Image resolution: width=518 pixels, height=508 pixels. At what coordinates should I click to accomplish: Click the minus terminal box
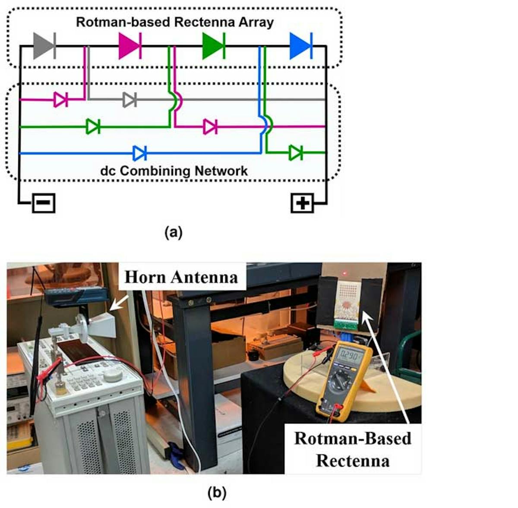coord(44,202)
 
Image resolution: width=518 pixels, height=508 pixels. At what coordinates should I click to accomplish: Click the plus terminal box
coord(302,203)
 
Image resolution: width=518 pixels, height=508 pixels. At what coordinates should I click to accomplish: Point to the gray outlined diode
coord(129,100)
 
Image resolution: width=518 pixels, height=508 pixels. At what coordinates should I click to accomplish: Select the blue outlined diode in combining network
coord(140,153)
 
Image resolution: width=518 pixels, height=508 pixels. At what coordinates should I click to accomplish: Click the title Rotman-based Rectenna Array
coord(174,22)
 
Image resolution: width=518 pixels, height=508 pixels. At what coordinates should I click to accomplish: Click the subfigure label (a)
coord(174,233)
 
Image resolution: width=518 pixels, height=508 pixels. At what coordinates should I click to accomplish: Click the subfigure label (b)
coord(217,492)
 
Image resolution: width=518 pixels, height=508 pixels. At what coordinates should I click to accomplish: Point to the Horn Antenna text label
coord(181,277)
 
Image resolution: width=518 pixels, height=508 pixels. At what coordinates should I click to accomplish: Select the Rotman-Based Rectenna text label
coord(353,449)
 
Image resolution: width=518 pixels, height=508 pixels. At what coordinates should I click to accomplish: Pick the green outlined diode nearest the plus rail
coord(295,152)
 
